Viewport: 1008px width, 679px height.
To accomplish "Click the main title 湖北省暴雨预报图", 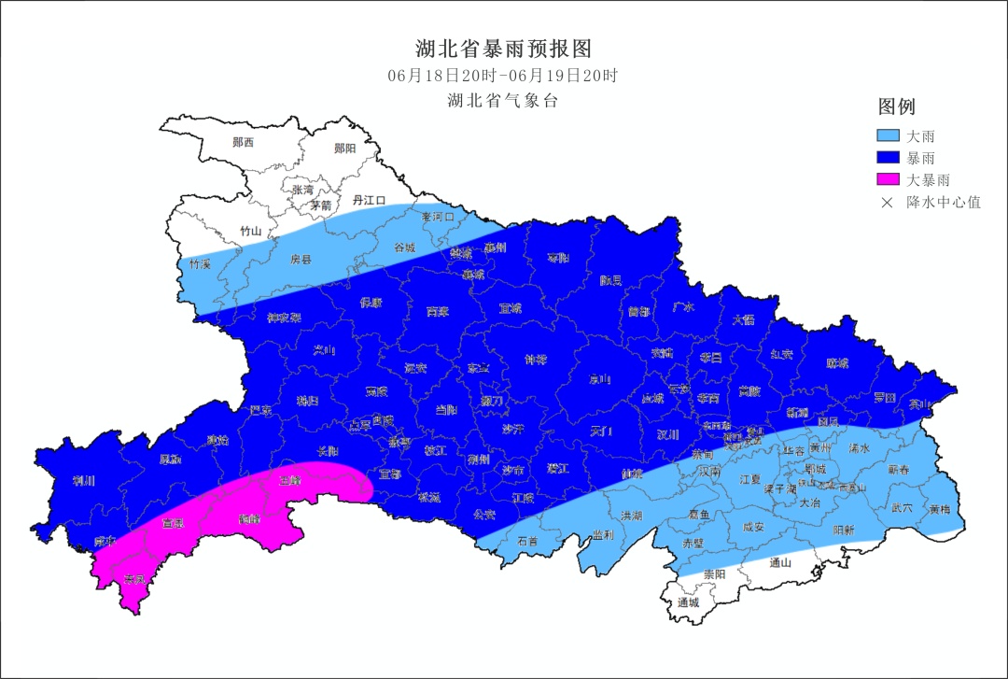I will [x=503, y=49].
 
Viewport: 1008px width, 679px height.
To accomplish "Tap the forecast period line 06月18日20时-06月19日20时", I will [x=503, y=76].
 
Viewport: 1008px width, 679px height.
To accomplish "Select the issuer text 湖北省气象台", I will [x=503, y=101].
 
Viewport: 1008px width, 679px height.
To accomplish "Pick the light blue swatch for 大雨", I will [x=889, y=136].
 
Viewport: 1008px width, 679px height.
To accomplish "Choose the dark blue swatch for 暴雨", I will [x=889, y=158].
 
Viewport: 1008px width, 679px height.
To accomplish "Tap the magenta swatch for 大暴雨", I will [x=889, y=179].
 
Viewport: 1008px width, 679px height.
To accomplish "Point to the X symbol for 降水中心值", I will [x=888, y=202].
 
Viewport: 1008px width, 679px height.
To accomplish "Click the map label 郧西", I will [x=243, y=143].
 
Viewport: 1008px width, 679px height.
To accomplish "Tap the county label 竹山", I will [x=251, y=231].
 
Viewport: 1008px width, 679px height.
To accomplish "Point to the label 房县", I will [x=300, y=259].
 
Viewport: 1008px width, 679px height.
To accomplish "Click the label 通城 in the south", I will [x=689, y=602].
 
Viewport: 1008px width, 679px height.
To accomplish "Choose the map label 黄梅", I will [x=939, y=509].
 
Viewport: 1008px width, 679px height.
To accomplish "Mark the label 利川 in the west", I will [x=84, y=481].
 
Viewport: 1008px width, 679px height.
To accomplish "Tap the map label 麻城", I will [x=838, y=362].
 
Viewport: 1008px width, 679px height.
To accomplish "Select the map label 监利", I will [x=603, y=534].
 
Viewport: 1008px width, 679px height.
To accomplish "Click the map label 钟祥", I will [x=536, y=359].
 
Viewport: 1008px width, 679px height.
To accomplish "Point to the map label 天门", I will [x=602, y=431].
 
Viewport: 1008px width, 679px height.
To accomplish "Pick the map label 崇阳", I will [x=714, y=573].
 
